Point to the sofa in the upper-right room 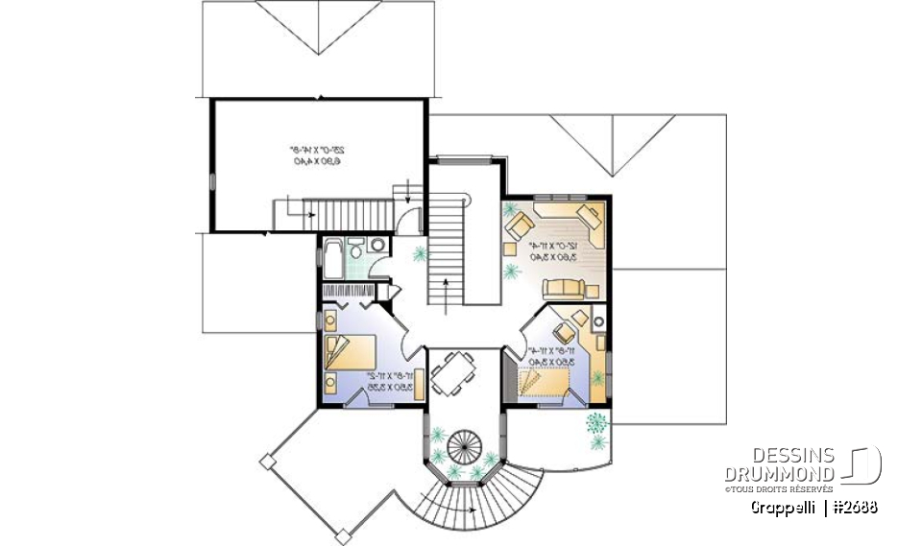point(563,288)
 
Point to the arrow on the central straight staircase point(448,284)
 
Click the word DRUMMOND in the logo point(781,473)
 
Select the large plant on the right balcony point(597,422)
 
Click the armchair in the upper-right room point(521,226)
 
